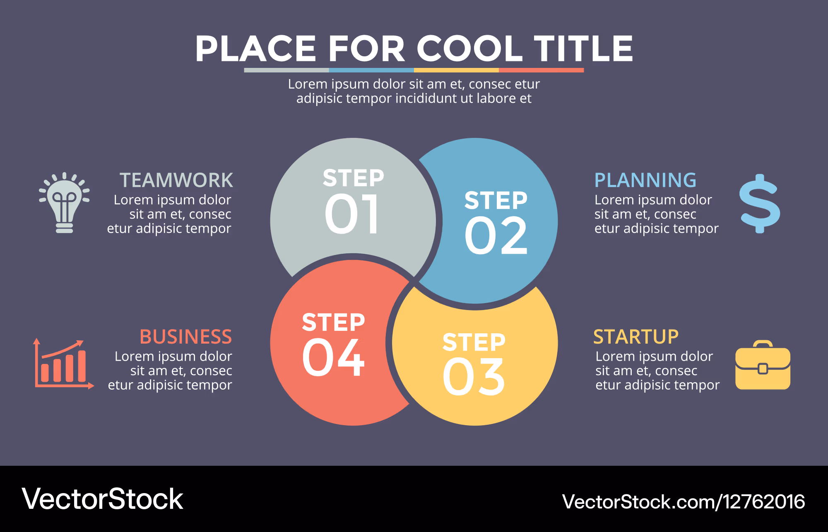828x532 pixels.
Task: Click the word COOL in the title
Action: point(469,48)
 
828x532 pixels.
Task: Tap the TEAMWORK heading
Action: point(176,180)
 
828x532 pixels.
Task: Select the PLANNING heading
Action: point(645,180)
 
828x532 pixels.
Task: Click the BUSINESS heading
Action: point(186,337)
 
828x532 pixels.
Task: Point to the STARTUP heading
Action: point(636,337)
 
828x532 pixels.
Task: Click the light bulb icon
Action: point(64,202)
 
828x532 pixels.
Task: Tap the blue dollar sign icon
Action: point(760,203)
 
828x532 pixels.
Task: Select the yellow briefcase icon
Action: point(763,365)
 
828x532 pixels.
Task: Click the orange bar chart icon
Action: point(64,364)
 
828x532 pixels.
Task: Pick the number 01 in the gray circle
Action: point(351,214)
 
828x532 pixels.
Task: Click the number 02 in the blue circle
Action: point(496,236)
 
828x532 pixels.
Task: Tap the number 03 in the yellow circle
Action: point(474,377)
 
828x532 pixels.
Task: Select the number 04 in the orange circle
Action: point(333,356)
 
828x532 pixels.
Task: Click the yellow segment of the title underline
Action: point(456,70)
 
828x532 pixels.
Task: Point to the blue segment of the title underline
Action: point(371,70)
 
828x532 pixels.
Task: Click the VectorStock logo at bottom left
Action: point(102,499)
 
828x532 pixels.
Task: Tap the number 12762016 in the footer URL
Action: point(764,502)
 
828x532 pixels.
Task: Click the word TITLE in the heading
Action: point(583,48)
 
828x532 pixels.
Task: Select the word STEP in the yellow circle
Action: point(474,342)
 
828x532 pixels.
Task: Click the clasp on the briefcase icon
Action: point(763,368)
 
